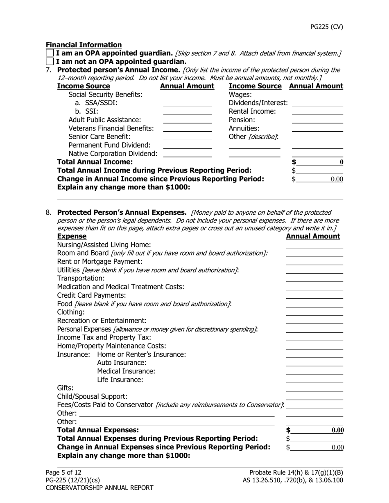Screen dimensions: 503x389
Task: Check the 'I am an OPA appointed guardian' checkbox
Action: click(x=50, y=53)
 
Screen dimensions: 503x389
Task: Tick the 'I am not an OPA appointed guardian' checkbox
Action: click(x=50, y=62)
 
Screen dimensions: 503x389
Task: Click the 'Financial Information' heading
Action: click(x=84, y=45)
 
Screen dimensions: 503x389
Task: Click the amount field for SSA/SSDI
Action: click(x=187, y=103)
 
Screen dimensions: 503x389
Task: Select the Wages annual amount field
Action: click(x=317, y=95)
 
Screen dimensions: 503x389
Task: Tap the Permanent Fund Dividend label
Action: click(x=109, y=145)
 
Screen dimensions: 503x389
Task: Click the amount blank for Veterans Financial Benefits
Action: click(x=187, y=128)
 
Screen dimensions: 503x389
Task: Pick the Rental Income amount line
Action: click(x=317, y=112)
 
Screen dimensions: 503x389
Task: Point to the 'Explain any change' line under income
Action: click(x=200, y=196)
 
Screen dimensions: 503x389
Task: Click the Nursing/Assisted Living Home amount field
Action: click(x=314, y=245)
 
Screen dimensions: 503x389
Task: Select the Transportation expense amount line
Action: click(x=314, y=278)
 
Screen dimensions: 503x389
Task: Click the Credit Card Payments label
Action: click(x=91, y=295)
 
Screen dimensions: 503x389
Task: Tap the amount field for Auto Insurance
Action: click(x=314, y=363)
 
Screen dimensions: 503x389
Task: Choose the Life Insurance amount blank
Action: click(x=314, y=380)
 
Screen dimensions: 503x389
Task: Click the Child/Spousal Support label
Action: click(x=92, y=397)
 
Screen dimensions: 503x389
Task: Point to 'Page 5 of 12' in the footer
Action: click(x=63, y=473)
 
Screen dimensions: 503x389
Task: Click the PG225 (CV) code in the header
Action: click(x=326, y=27)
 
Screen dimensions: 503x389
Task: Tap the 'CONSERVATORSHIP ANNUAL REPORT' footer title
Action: click(x=100, y=487)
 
